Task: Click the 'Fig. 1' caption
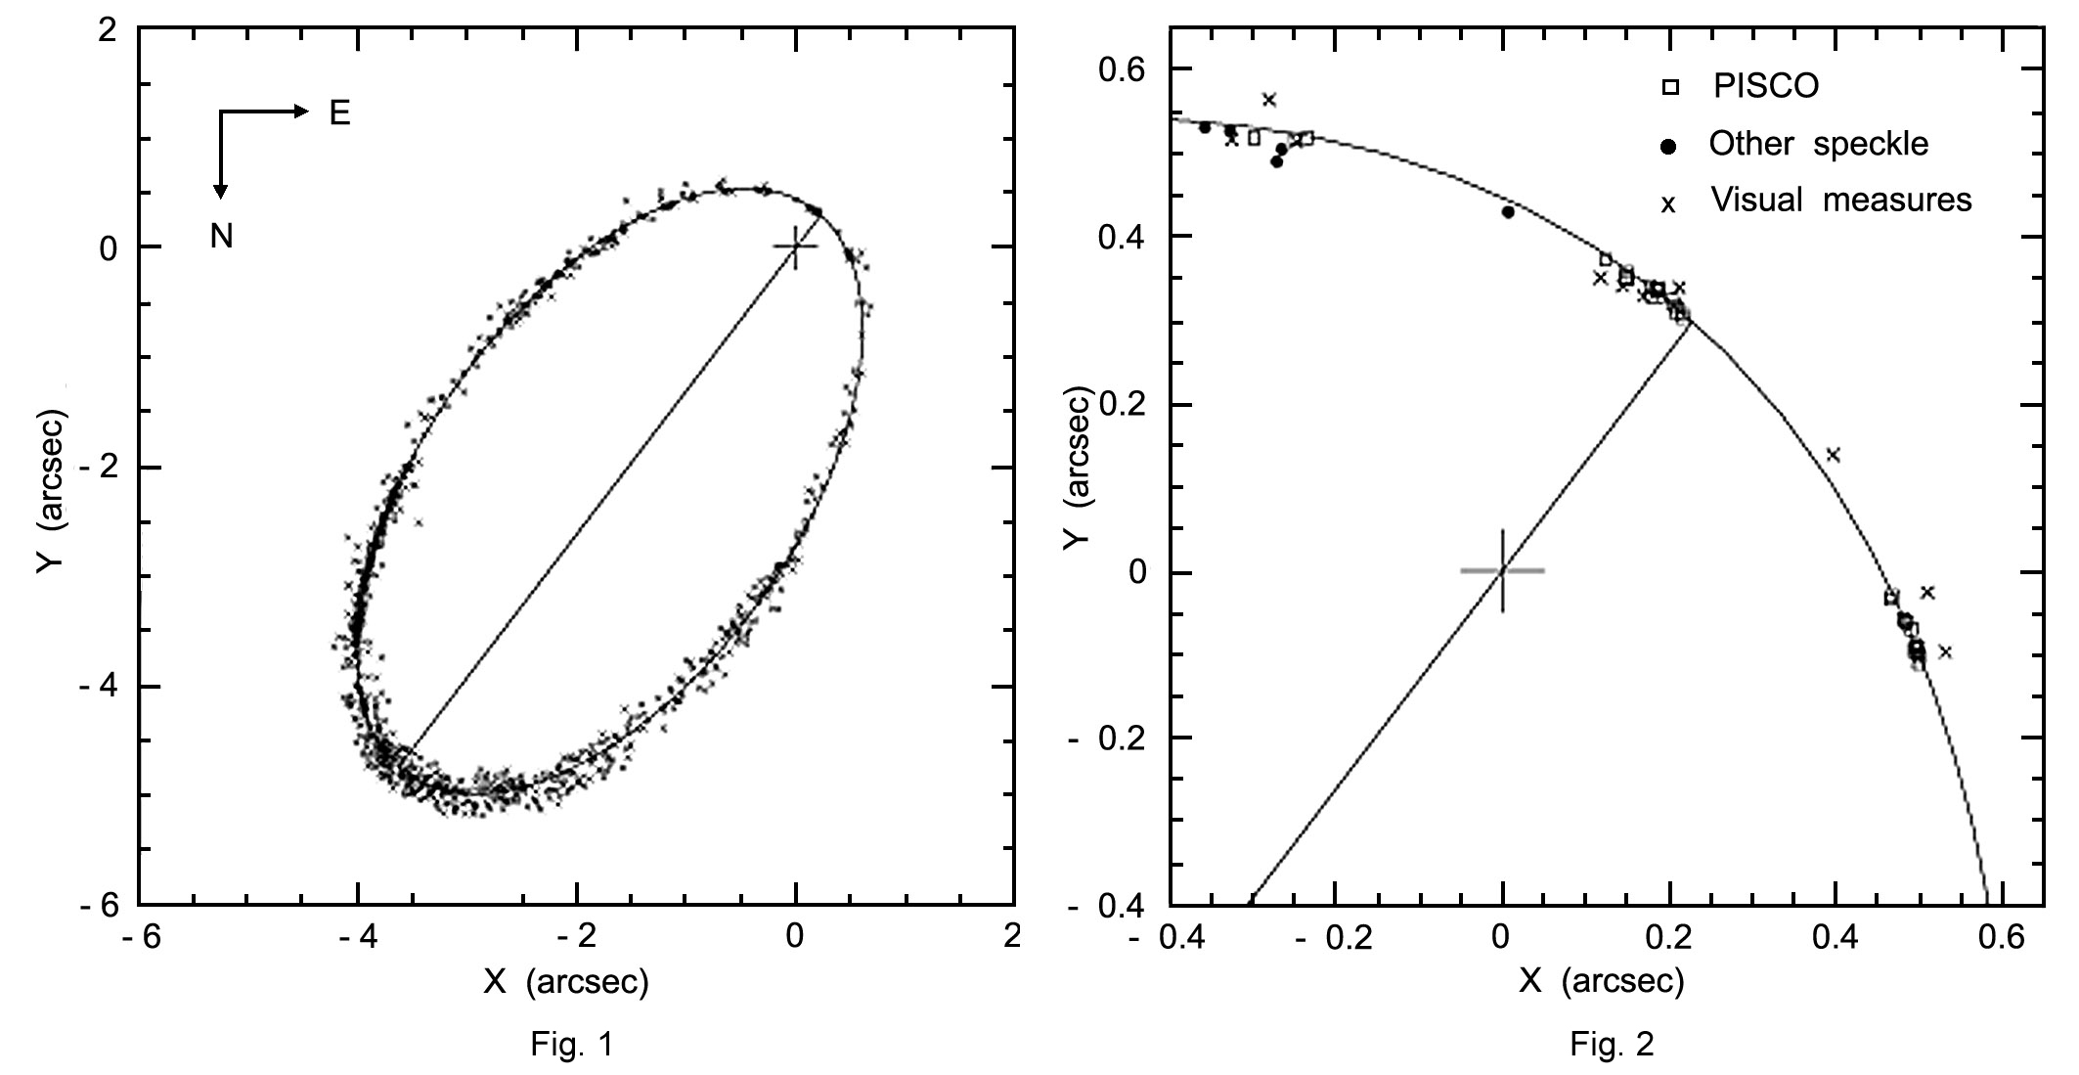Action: [x=571, y=1045]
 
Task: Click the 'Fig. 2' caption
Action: [x=1612, y=1045]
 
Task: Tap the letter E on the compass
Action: [x=339, y=114]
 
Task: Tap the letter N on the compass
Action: [x=221, y=237]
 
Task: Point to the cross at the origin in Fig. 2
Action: [x=1502, y=570]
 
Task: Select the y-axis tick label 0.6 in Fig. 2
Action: [x=1130, y=69]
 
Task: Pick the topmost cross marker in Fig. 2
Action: [x=1269, y=100]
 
